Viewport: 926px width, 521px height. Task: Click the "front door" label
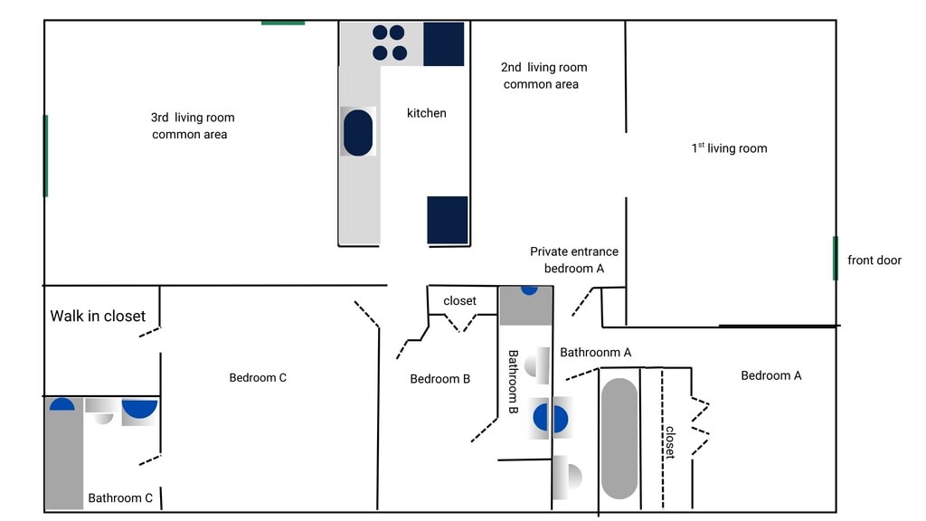[874, 260]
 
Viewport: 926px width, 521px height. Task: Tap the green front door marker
[835, 258]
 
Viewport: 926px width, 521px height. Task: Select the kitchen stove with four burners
[389, 43]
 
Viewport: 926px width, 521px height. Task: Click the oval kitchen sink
[358, 132]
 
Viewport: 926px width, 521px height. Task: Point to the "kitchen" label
[426, 113]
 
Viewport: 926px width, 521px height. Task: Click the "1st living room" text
[729, 148]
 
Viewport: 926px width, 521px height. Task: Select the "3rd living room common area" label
[192, 126]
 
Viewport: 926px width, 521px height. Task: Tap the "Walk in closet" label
[98, 316]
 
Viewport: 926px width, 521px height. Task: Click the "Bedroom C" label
[258, 377]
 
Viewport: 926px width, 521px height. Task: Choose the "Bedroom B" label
[439, 379]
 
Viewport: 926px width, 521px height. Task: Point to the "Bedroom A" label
[770, 375]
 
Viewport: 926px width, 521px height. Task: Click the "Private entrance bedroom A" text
[574, 260]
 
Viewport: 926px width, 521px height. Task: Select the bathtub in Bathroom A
[619, 438]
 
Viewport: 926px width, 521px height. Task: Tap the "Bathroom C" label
[120, 497]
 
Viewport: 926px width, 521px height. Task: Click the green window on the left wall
[45, 156]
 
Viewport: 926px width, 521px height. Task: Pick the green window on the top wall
[283, 22]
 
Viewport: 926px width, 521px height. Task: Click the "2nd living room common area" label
[543, 76]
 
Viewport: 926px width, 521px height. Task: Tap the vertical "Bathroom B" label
[512, 383]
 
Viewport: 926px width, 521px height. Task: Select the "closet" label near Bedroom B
[459, 301]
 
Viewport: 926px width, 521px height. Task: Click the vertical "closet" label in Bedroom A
[670, 442]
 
